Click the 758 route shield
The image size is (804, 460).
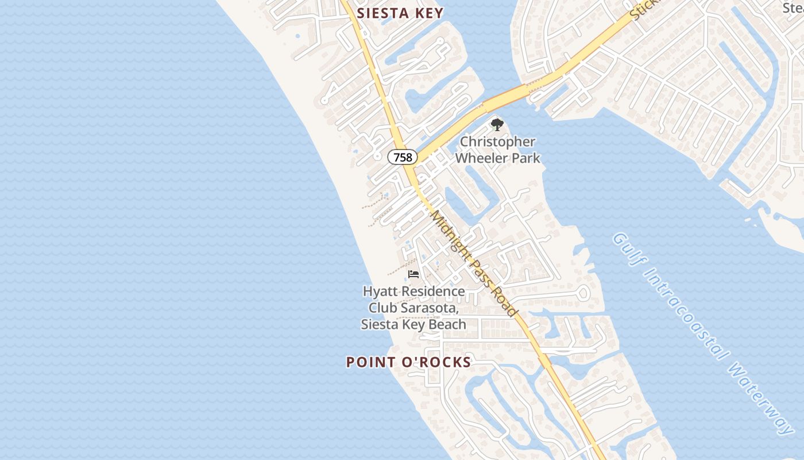403,157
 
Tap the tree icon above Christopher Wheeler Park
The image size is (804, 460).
497,124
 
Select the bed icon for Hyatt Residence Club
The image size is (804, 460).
413,274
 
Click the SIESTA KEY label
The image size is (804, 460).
400,13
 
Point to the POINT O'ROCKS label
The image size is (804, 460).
408,362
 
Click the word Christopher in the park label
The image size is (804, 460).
497,142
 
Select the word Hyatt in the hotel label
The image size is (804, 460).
380,292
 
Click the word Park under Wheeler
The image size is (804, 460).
525,158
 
